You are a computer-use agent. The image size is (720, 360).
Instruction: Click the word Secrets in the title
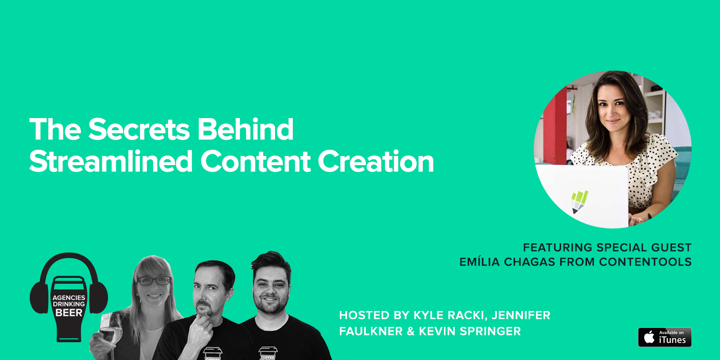(139, 129)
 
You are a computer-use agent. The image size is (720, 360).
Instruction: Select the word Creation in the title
(376, 161)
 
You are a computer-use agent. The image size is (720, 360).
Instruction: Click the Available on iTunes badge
(664, 337)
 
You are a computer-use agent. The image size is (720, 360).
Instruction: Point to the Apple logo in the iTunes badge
(649, 337)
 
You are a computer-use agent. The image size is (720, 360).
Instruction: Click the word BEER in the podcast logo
(69, 313)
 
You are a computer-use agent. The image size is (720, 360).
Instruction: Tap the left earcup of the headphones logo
(39, 298)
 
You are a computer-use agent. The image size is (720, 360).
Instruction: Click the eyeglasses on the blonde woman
(154, 281)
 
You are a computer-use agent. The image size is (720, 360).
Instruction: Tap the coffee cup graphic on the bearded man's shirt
(267, 353)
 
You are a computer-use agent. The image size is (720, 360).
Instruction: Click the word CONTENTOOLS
(645, 262)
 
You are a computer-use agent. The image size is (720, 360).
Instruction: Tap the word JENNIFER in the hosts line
(521, 315)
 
